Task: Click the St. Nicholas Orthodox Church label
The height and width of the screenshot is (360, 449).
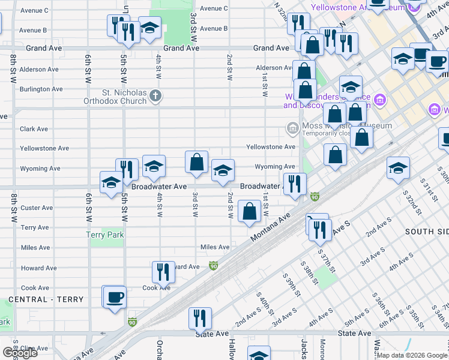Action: (124, 97)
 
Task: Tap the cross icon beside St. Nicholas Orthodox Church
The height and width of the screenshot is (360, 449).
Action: (155, 95)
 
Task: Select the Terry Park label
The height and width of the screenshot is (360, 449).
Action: (104, 235)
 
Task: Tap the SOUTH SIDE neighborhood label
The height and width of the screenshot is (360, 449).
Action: (426, 232)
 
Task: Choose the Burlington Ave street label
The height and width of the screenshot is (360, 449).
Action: (41, 89)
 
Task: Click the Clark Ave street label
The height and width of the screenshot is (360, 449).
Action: (34, 129)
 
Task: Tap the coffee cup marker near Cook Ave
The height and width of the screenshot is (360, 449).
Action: (114, 296)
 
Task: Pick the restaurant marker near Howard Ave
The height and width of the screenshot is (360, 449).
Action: (163, 272)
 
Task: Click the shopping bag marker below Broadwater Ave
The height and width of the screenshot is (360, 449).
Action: (249, 211)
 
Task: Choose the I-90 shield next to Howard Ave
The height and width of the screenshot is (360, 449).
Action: (214, 265)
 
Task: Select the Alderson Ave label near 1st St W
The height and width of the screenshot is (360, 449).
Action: (274, 68)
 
